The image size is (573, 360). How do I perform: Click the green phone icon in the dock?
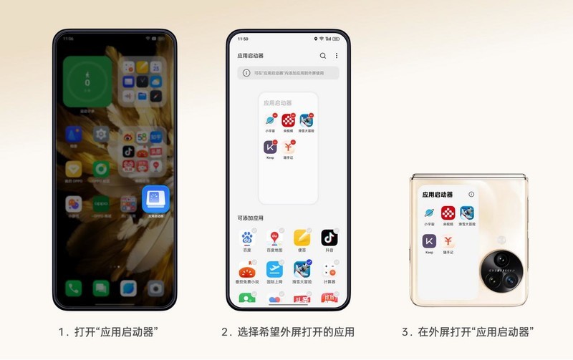click(74, 288)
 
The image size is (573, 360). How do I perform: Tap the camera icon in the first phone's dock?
click(155, 288)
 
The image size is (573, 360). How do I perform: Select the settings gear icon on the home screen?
click(101, 134)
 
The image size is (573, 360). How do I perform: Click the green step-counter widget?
click(87, 81)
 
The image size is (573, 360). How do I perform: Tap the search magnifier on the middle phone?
click(323, 55)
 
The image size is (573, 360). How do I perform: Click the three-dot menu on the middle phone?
click(337, 55)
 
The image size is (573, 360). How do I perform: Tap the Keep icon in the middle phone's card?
click(270, 147)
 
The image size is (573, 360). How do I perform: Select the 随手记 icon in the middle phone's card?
click(289, 147)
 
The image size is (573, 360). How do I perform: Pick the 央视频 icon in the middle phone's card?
click(289, 120)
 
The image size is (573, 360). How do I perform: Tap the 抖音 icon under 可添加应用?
click(329, 238)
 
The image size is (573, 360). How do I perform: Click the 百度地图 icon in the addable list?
click(274, 238)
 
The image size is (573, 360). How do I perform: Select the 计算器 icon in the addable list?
click(329, 270)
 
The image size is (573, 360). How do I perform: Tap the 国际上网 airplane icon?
click(274, 270)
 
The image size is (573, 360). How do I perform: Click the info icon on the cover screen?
click(471, 194)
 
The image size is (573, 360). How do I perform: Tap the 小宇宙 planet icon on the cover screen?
click(430, 213)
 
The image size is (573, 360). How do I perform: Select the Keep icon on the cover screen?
click(430, 242)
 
